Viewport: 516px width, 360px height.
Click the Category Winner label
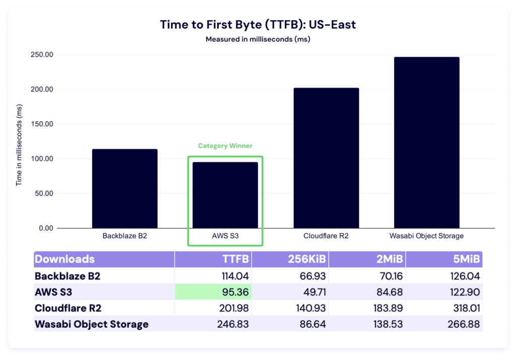[225, 146]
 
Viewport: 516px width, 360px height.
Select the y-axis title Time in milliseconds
[19, 145]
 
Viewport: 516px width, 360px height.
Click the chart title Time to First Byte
[258, 25]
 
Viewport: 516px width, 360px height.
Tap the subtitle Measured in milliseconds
[258, 39]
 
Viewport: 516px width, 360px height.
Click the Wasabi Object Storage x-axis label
[426, 236]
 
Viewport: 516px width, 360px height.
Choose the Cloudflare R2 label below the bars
[326, 236]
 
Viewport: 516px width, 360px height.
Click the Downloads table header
[64, 259]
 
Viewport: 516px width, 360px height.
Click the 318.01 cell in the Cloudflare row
[464, 308]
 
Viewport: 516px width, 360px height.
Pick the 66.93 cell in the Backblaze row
[313, 276]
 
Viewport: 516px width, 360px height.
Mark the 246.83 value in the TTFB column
[232, 324]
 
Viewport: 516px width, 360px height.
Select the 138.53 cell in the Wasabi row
[386, 324]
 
